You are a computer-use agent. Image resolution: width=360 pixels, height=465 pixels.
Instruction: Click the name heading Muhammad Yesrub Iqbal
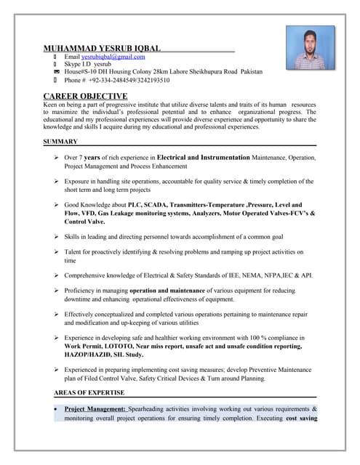(x=102, y=48)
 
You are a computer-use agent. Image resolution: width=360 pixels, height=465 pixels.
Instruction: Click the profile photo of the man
(x=310, y=47)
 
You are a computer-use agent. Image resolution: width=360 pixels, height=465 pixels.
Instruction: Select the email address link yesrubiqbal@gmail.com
(x=113, y=57)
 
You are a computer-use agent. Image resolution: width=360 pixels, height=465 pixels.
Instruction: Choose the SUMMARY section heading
(x=60, y=142)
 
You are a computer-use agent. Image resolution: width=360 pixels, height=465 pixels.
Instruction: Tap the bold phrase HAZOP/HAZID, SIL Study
(x=103, y=355)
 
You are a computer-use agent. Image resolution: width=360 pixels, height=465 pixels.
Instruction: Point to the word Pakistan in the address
(x=249, y=73)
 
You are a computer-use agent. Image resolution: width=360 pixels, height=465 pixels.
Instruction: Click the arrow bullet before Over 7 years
(x=56, y=158)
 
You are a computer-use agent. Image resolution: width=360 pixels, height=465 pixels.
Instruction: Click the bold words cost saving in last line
(x=301, y=418)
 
